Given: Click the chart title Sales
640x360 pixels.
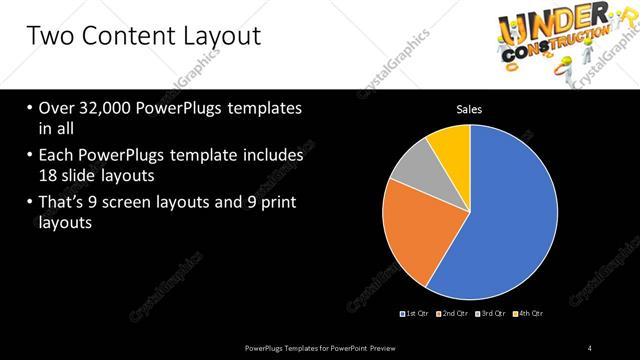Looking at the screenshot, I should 470,109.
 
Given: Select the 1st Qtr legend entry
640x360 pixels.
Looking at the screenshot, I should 414,314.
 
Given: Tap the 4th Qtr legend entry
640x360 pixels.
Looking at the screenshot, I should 530,314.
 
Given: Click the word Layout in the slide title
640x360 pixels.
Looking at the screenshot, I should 211,38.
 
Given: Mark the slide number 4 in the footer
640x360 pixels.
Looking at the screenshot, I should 590,347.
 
